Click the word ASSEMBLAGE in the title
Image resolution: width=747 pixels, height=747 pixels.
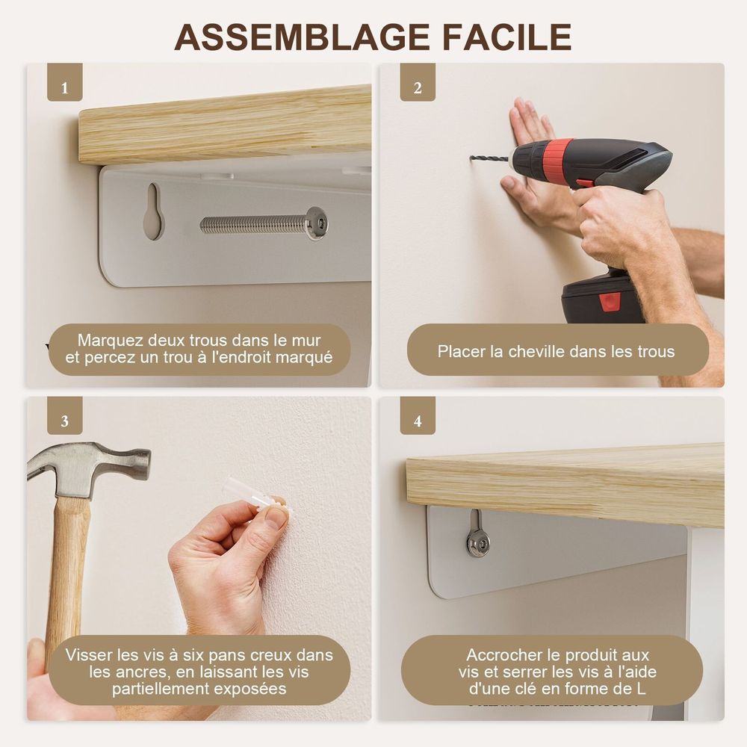pos(302,37)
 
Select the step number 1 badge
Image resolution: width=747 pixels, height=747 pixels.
pos(65,82)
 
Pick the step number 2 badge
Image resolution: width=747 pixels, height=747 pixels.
pos(418,82)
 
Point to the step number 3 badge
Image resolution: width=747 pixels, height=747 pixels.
pos(65,415)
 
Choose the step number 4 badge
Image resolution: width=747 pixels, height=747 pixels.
pos(418,415)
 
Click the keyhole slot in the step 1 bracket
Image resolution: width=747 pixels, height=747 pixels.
pos(153,211)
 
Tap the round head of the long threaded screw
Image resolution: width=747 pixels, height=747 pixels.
pos(317,223)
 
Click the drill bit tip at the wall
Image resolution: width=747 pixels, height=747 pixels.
pos(471,158)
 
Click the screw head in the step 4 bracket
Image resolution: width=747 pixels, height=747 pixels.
pos(478,542)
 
